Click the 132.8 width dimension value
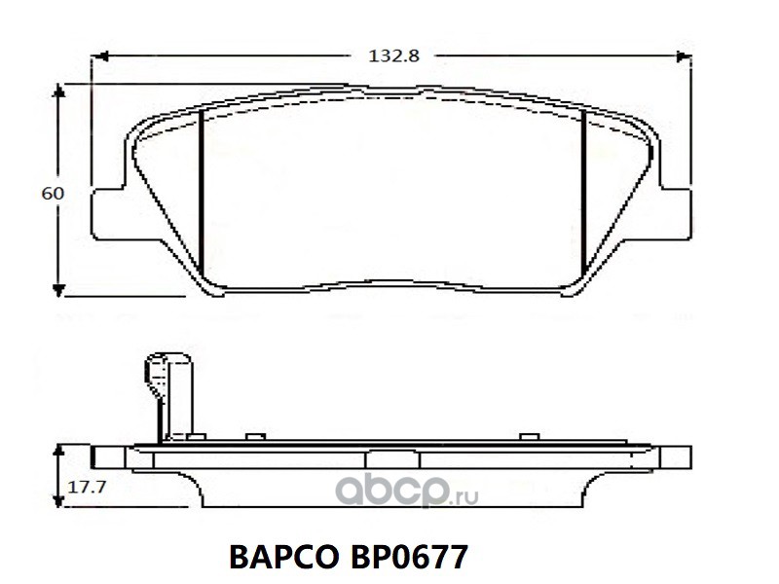[x=393, y=55]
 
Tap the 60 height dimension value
[x=53, y=193]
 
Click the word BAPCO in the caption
[x=283, y=557]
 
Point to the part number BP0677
[x=409, y=557]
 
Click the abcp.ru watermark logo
[x=406, y=492]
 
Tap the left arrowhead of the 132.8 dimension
[x=101, y=56]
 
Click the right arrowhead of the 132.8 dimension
[x=684, y=56]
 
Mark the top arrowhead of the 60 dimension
[x=59, y=91]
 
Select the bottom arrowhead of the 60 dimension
[x=59, y=290]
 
